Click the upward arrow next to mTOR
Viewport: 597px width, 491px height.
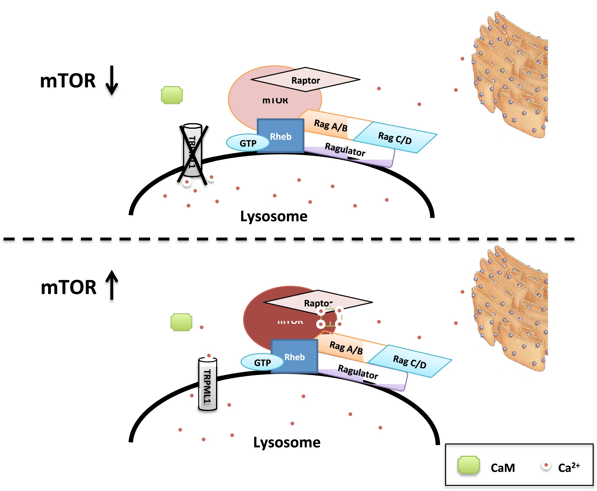[112, 285]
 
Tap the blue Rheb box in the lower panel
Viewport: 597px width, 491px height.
[294, 356]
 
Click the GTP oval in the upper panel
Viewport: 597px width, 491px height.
[248, 143]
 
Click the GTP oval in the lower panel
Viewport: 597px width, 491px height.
[262, 363]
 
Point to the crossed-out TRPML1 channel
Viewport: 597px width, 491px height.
[192, 151]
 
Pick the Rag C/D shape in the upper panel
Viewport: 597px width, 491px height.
[395, 138]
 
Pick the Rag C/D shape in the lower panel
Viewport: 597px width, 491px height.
[410, 361]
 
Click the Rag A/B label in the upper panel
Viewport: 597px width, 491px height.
[331, 126]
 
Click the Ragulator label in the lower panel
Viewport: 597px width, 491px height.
[358, 372]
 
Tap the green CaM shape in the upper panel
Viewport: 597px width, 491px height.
[172, 95]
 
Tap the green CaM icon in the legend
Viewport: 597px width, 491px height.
[468, 465]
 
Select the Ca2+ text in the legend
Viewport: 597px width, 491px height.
[568, 467]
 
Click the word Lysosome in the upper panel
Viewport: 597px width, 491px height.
[274, 216]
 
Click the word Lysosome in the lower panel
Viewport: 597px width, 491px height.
[287, 442]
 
